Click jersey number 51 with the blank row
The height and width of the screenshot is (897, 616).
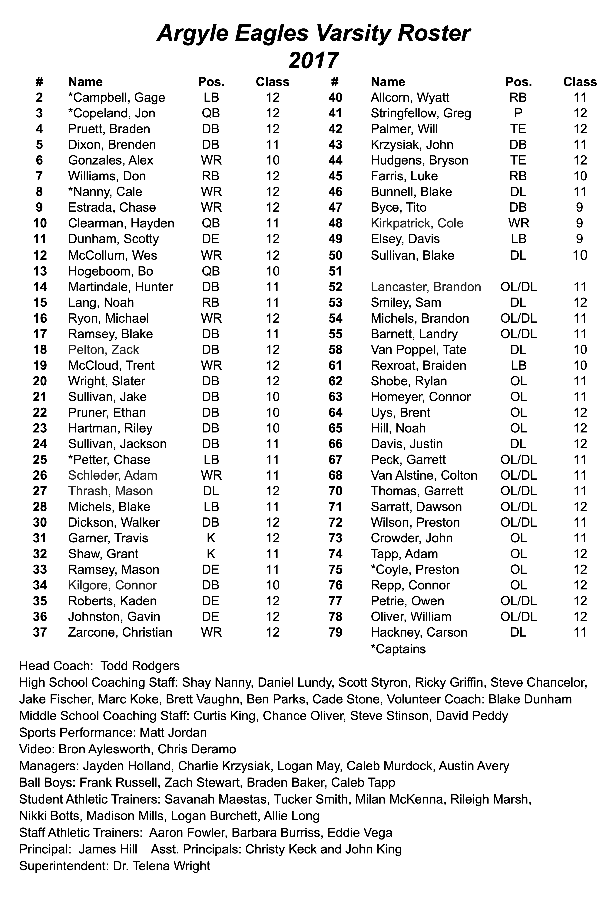coord(335,271)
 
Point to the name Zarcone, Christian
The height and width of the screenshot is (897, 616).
coord(120,632)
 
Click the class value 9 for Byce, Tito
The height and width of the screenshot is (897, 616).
coord(579,207)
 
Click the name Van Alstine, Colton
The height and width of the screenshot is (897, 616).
coord(424,475)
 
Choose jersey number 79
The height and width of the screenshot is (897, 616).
coord(335,632)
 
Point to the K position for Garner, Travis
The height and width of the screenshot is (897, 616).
coord(211,538)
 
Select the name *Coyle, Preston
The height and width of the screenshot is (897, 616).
coord(415,569)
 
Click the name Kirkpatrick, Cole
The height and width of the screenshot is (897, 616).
coord(417,223)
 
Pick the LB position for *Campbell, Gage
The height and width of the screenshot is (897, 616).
coord(211,97)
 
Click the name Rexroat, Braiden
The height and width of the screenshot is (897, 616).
coord(418,365)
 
